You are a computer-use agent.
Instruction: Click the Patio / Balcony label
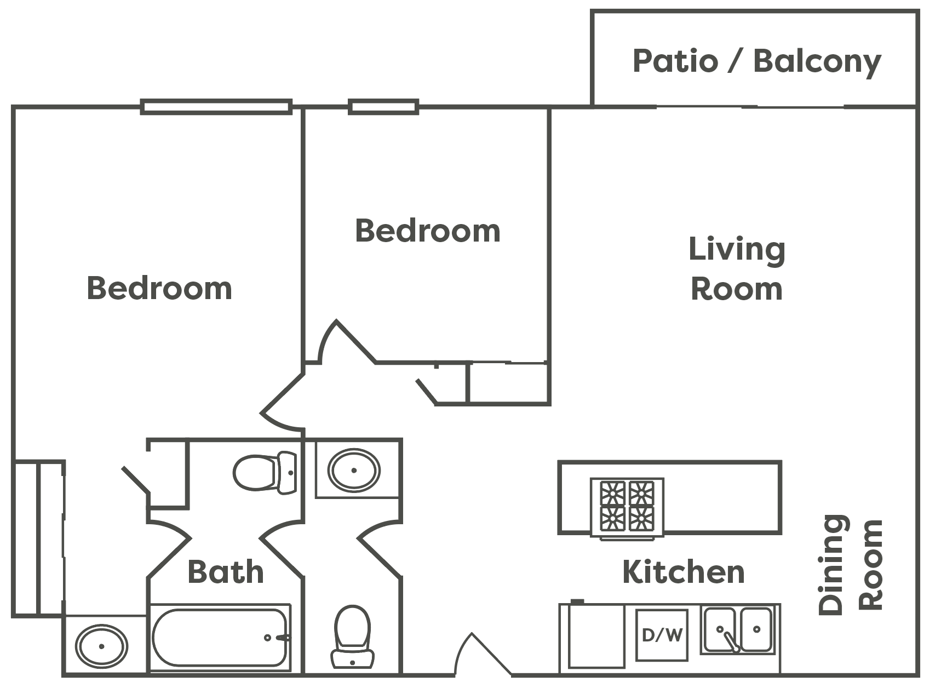tap(756, 61)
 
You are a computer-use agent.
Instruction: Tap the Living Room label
tap(737, 268)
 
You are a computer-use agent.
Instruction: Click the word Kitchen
tap(684, 572)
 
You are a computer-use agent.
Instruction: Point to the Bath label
tap(225, 572)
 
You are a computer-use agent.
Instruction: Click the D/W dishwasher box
tap(662, 635)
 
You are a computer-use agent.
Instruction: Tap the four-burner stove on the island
tap(627, 506)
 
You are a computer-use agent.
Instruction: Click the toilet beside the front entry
tap(352, 635)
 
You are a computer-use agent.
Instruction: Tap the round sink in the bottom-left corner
tap(102, 646)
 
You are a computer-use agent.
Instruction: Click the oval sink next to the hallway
tap(354, 470)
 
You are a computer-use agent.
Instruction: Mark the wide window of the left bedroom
tap(216, 106)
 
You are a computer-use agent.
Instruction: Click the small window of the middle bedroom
tap(383, 106)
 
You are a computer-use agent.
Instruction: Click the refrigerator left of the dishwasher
tap(595, 635)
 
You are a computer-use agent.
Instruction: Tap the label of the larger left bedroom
tap(159, 288)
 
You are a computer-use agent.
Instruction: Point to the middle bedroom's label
tap(428, 231)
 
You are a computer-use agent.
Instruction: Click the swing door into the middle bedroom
tap(345, 342)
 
